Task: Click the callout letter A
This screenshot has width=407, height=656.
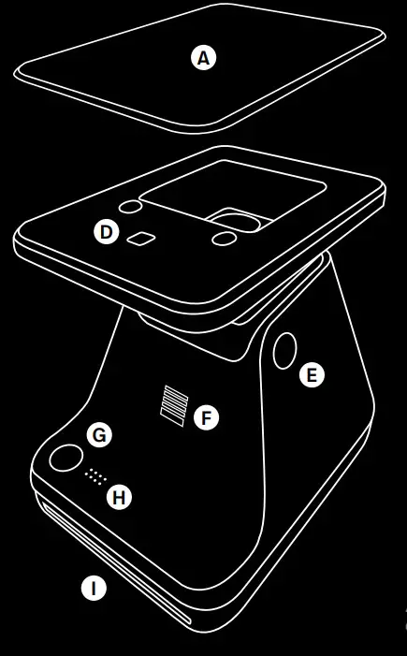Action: click(x=203, y=57)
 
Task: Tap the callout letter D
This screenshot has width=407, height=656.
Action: click(x=107, y=231)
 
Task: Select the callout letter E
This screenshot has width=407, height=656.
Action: click(x=312, y=375)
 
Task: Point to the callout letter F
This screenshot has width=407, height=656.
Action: click(x=206, y=417)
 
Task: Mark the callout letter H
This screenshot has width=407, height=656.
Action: click(x=118, y=498)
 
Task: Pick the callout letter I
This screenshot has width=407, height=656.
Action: click(x=92, y=589)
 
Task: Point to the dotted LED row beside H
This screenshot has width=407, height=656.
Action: click(x=92, y=475)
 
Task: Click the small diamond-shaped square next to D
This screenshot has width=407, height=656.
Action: click(x=143, y=238)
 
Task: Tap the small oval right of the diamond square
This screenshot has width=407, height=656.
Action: click(x=224, y=241)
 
